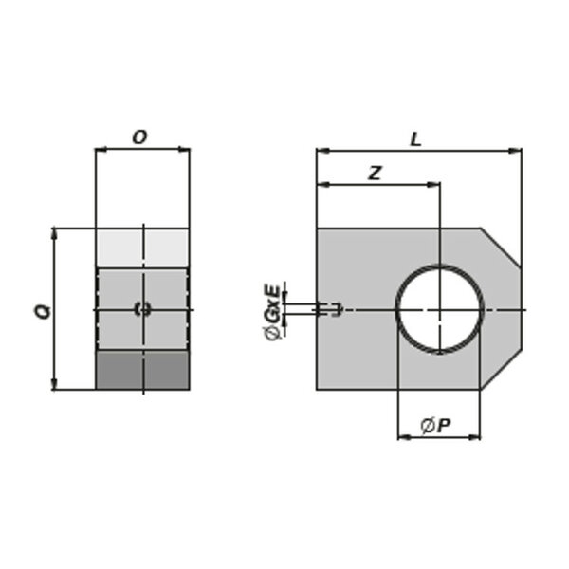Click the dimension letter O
tap(139, 138)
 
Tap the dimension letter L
tap(415, 139)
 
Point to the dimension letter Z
tap(375, 174)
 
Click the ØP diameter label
tap(436, 425)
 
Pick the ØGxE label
tap(272, 312)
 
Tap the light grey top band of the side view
tap(142, 248)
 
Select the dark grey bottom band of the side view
tap(142, 370)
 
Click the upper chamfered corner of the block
tap(501, 248)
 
